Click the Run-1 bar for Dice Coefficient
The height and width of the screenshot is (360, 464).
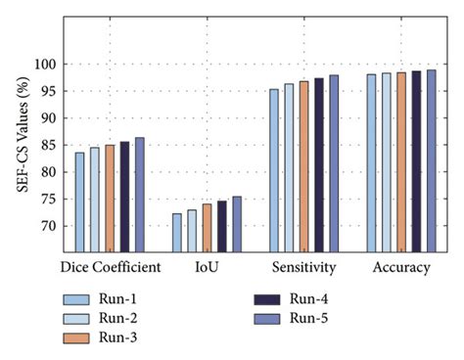tap(80, 202)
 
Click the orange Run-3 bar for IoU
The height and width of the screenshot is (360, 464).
tap(207, 228)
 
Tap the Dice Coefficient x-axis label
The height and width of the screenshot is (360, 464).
tap(109, 266)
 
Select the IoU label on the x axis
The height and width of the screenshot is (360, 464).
tap(206, 266)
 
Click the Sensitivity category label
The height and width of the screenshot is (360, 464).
tap(303, 266)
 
